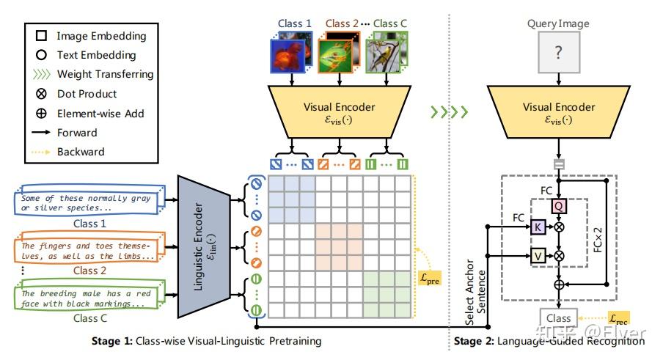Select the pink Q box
558,207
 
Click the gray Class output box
558,317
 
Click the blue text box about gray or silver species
87,202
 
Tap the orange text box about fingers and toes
87,250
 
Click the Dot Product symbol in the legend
41,94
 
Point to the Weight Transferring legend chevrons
41,74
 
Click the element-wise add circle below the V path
558,282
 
